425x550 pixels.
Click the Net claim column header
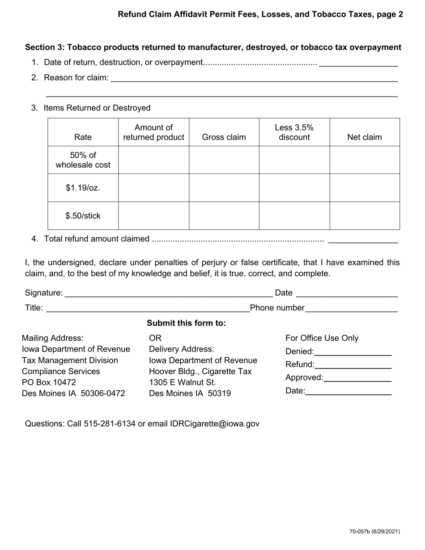tap(365, 137)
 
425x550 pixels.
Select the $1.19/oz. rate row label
tap(83, 188)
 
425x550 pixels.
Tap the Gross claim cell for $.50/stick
tap(224, 216)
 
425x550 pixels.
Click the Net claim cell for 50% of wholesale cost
tap(365, 160)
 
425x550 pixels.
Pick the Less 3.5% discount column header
tap(294, 132)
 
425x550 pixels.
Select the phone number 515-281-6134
tap(110, 423)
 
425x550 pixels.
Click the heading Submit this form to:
tap(186, 323)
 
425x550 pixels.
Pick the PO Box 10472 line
tap(49, 382)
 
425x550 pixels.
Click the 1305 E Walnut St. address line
tap(183, 382)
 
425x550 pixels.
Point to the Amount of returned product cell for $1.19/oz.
tap(153, 188)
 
